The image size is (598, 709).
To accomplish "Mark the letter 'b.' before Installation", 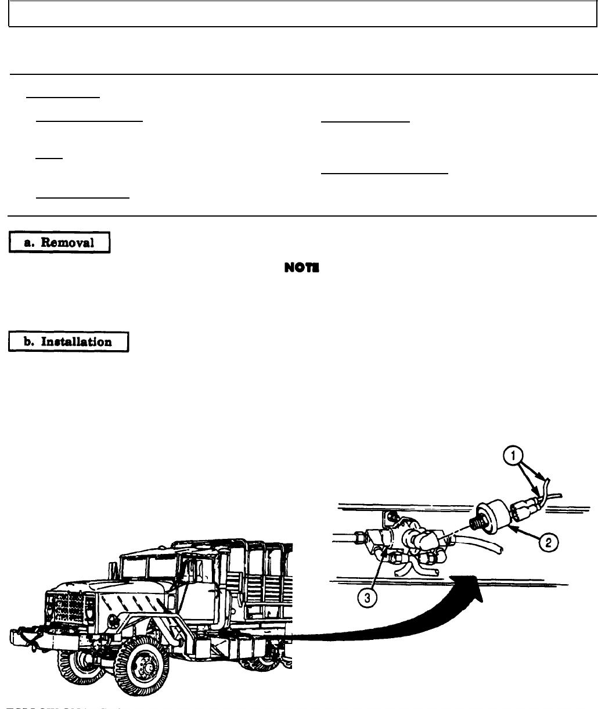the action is point(28,341).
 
